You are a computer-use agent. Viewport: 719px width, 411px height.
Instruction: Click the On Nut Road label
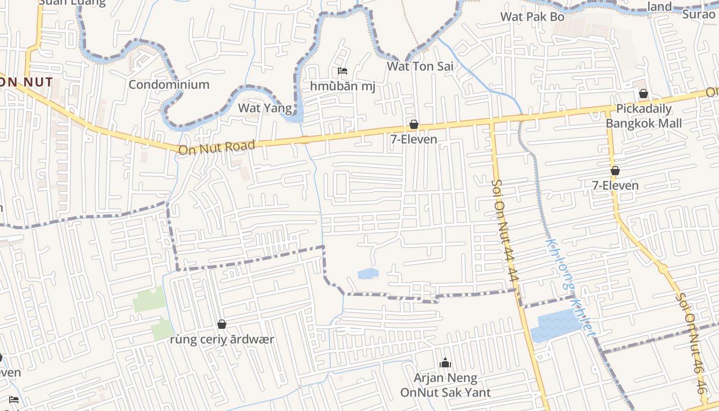pyautogui.click(x=216, y=147)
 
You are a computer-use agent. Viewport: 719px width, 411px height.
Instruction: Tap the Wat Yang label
pyautogui.click(x=265, y=108)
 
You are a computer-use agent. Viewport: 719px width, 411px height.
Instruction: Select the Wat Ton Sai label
pyautogui.click(x=420, y=66)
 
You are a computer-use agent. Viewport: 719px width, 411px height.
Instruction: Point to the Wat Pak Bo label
pyautogui.click(x=533, y=16)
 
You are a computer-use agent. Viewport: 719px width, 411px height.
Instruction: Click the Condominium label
pyautogui.click(x=169, y=84)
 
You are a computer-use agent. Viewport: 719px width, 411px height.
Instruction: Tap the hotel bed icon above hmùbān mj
pyautogui.click(x=343, y=71)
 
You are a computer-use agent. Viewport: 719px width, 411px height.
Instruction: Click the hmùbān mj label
pyautogui.click(x=343, y=86)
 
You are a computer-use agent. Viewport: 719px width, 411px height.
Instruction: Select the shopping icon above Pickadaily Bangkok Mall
pyautogui.click(x=643, y=94)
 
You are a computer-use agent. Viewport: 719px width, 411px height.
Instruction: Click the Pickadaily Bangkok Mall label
pyautogui.click(x=644, y=116)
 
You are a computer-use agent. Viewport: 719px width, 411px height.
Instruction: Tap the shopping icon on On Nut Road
pyautogui.click(x=413, y=124)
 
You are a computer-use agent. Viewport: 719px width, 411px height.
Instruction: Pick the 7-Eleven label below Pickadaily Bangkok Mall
pyautogui.click(x=615, y=185)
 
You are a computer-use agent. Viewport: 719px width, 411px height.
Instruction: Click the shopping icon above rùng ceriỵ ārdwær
pyautogui.click(x=222, y=324)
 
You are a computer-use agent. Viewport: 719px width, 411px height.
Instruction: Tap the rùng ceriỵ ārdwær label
pyautogui.click(x=222, y=340)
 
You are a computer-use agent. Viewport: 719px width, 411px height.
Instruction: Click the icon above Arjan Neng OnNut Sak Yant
pyautogui.click(x=445, y=364)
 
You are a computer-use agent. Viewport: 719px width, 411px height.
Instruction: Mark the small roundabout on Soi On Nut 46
pyautogui.click(x=663, y=268)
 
